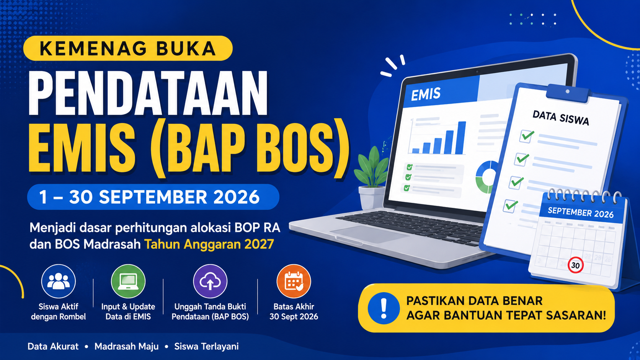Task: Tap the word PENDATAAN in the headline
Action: [148, 93]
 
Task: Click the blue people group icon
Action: [58, 281]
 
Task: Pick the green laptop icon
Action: [128, 281]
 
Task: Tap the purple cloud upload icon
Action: [210, 281]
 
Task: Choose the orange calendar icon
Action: [294, 281]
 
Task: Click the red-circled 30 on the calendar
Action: [575, 265]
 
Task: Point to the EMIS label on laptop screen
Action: [425, 94]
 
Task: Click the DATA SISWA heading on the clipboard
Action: [560, 118]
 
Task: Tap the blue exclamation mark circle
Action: [384, 308]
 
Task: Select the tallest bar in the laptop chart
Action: [460, 138]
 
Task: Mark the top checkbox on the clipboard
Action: [527, 136]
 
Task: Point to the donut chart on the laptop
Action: [486, 177]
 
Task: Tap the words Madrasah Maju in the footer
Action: [127, 347]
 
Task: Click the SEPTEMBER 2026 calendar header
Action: [581, 213]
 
